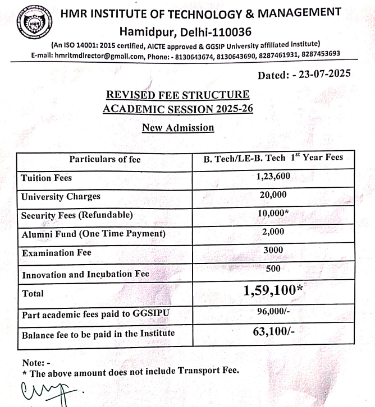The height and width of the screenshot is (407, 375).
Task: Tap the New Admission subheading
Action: [178, 128]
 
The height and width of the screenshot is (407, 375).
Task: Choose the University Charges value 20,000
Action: [273, 196]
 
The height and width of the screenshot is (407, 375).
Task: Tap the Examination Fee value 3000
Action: [273, 251]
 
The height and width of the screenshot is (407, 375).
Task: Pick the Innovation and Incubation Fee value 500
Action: [273, 270]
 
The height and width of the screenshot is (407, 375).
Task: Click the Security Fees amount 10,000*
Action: [275, 214]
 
